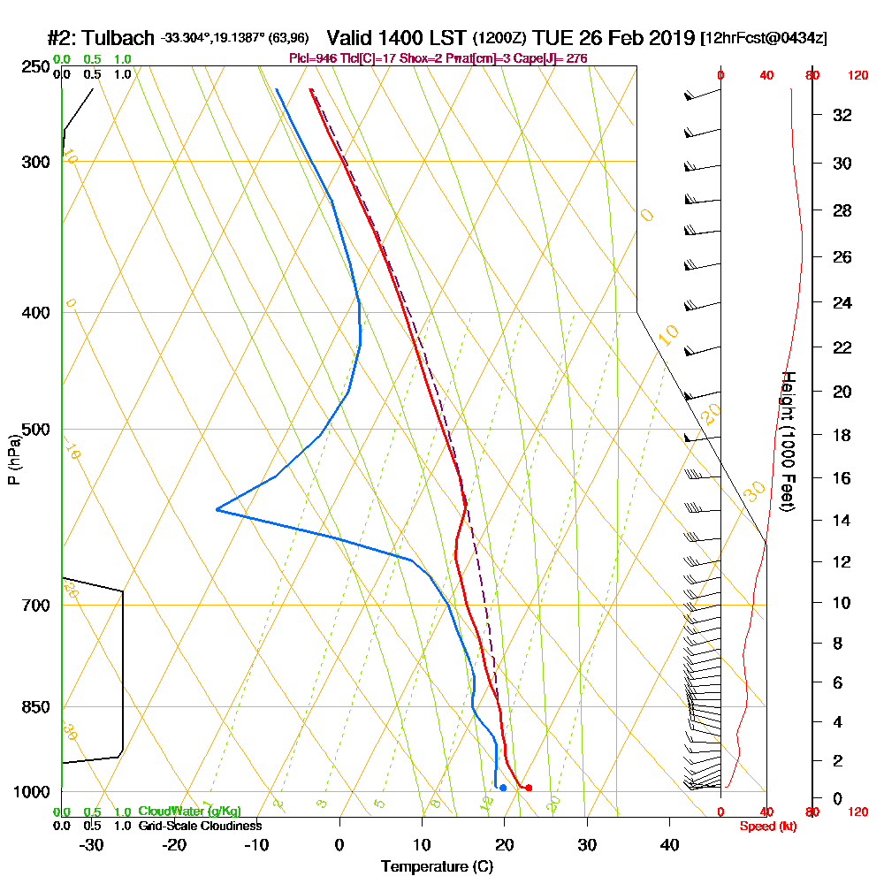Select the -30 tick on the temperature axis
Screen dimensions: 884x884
click(x=92, y=844)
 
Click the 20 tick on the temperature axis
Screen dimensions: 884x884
click(x=504, y=844)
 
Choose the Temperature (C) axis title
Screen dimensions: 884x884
click(x=437, y=867)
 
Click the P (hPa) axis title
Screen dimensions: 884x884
click(x=13, y=460)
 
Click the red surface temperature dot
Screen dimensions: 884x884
click(x=529, y=788)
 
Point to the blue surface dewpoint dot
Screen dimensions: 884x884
click(x=503, y=788)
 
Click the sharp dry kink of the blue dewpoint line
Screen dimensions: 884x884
click(x=217, y=509)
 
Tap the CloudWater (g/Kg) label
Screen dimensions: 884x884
click(x=189, y=812)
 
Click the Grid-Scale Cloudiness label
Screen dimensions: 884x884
click(x=200, y=826)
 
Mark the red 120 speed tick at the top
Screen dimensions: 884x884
click(x=856, y=76)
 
